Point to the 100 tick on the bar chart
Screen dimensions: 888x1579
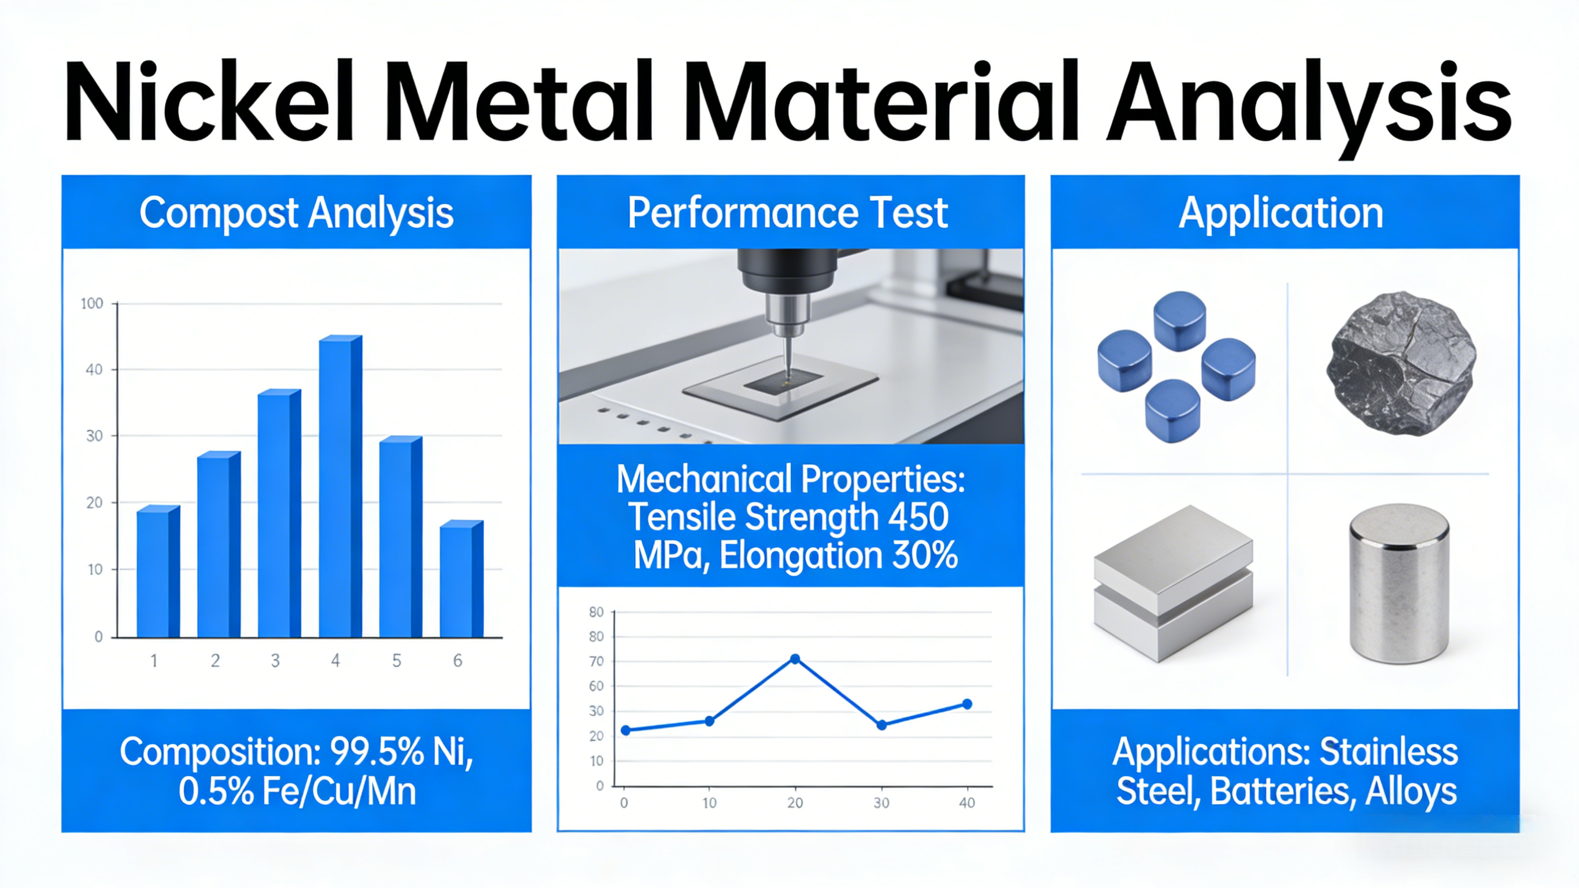[92, 304]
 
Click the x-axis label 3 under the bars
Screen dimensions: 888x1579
[275, 661]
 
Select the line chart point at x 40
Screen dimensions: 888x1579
[966, 704]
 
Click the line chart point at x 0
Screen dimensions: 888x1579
[625, 729]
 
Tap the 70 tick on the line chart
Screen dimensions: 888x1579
[596, 661]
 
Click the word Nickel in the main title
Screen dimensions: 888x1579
[208, 101]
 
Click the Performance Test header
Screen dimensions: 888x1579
[788, 213]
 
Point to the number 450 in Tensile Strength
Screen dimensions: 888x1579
[917, 517]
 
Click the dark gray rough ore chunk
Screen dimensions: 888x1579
[1401, 363]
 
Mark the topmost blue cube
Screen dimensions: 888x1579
[1179, 320]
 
